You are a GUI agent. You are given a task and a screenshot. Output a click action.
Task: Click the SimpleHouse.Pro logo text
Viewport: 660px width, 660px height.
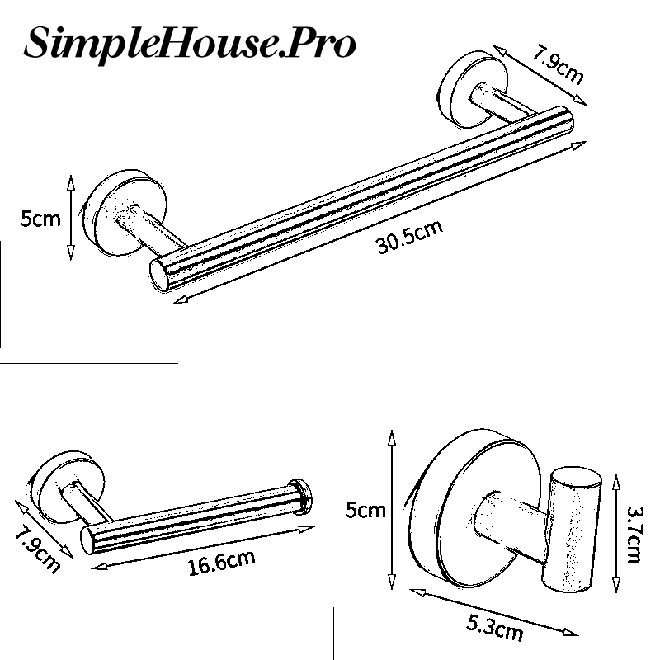click(x=190, y=43)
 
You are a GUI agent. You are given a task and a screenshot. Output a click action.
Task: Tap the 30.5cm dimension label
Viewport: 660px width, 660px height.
click(x=410, y=238)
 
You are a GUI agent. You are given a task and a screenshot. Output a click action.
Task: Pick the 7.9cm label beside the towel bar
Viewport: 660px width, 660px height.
click(x=557, y=65)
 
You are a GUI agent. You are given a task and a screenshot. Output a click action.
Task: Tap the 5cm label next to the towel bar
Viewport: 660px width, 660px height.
click(x=40, y=219)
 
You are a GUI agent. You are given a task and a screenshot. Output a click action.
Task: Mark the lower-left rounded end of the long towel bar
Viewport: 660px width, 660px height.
click(x=162, y=272)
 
